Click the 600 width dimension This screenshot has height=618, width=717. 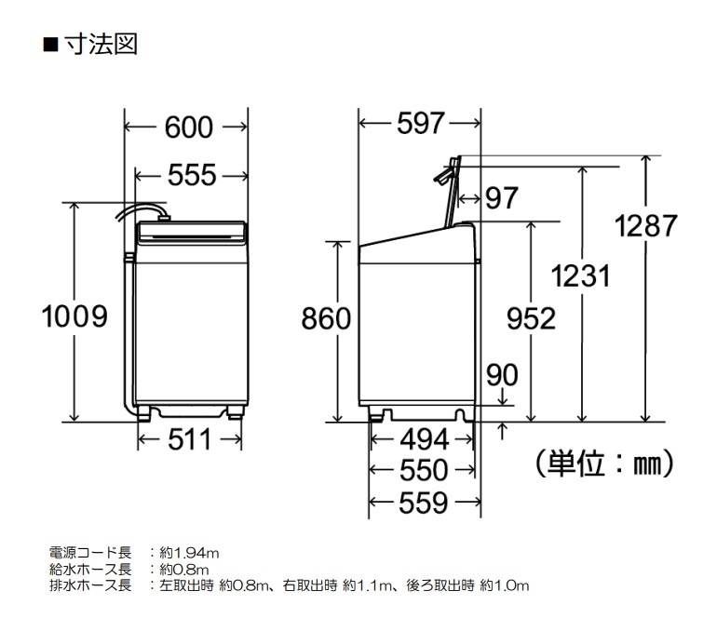pyautogui.click(x=189, y=128)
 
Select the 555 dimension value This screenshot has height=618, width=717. pyautogui.click(x=192, y=175)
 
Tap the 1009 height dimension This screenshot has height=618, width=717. pyautogui.click(x=74, y=317)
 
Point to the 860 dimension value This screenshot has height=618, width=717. pyautogui.click(x=327, y=318)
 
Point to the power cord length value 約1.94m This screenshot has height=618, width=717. pyautogui.click(x=190, y=553)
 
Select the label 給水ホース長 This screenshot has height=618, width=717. pyautogui.click(x=89, y=569)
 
